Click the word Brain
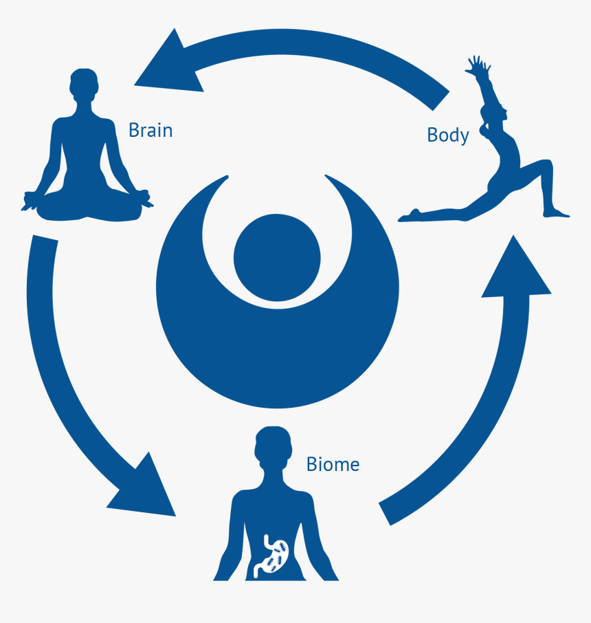150,130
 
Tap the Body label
447,135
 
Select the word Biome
333,464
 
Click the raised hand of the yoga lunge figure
476,67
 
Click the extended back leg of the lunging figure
447,210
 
